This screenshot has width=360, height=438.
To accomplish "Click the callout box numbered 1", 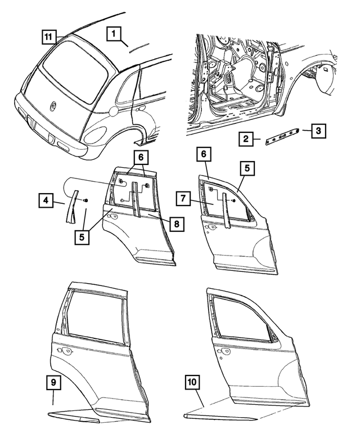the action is pos(114,34).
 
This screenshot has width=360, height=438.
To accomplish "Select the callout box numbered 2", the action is pos(246,139).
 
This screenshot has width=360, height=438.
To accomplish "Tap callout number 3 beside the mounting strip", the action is pos(318,131).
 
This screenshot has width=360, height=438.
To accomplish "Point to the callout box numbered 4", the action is pos(46,200).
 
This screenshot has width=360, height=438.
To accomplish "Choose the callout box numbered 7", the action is pos(183,198).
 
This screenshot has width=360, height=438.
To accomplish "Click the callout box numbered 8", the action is pos(177,224).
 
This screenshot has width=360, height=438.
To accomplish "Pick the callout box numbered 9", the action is pos(53,382).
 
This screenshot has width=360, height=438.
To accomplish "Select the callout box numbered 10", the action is pos(192,382).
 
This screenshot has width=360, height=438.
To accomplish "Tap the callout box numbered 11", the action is pos(48,37).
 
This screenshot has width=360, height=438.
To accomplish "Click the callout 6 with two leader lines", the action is pos(141,158).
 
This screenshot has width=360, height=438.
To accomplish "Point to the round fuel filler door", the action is pos(113,111).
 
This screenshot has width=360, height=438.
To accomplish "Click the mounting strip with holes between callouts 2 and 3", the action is pos(282,137).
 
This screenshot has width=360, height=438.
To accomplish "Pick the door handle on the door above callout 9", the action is pos(65,351).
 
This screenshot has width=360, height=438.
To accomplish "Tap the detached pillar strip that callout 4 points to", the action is pos(71,206).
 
